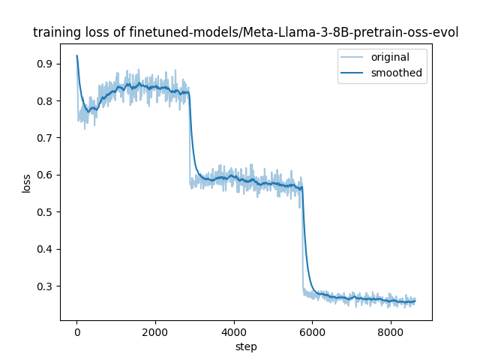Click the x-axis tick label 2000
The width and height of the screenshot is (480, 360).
point(155,332)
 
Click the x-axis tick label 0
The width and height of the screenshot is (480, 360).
point(76,332)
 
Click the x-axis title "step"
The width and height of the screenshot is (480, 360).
point(246,346)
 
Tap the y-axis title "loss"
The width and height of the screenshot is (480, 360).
point(26,183)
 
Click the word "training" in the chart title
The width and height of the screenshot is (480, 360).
point(54,33)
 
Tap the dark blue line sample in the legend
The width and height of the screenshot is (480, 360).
point(353,73)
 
